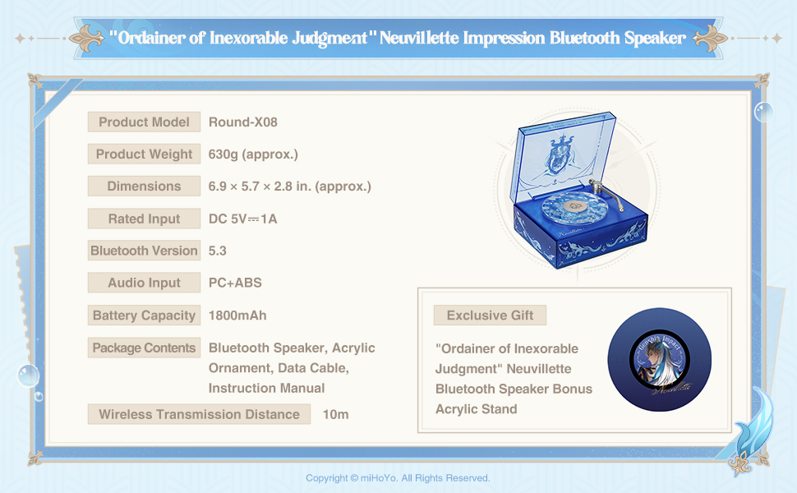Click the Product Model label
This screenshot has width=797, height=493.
point(144,122)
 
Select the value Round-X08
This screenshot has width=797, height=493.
point(243,122)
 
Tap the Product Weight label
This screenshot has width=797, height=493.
point(144,154)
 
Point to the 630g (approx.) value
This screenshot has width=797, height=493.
point(253,154)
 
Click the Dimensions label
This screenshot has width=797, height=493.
point(144,186)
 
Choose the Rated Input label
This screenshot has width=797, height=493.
point(144,219)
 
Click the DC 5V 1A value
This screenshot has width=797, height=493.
point(243,219)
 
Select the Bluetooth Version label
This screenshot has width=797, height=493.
point(144,251)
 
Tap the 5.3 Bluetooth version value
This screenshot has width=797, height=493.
point(218,251)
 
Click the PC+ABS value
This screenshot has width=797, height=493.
point(235,283)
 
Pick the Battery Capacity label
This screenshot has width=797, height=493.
point(144,316)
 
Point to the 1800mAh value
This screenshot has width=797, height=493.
point(237,316)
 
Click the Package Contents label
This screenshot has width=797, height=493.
point(144,348)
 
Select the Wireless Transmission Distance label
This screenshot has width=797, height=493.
point(199,414)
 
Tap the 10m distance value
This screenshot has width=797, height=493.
point(336,415)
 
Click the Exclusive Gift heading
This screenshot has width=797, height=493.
point(490,316)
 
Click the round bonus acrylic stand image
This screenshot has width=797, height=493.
point(659,360)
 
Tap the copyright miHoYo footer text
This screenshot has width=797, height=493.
point(398,478)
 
